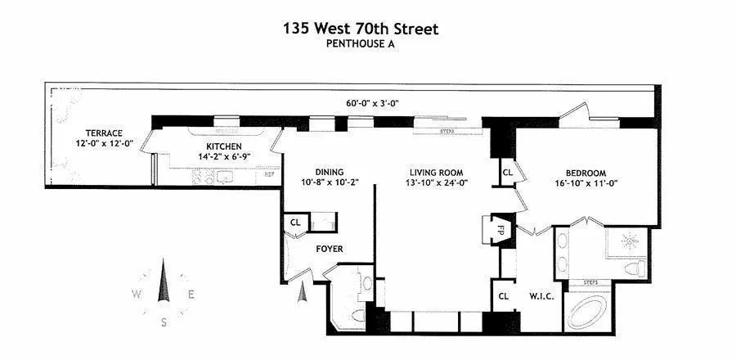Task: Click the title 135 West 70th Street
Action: coord(361,29)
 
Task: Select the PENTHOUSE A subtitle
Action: coord(361,46)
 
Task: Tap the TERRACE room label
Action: coord(105,133)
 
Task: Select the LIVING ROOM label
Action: coord(437,173)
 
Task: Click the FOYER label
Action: coord(330,249)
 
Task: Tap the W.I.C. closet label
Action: coord(541,295)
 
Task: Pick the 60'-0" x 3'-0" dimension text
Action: coord(372,103)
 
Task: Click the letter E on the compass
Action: coord(191,295)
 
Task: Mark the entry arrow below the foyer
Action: coord(303,290)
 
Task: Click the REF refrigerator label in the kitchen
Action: coord(267,176)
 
